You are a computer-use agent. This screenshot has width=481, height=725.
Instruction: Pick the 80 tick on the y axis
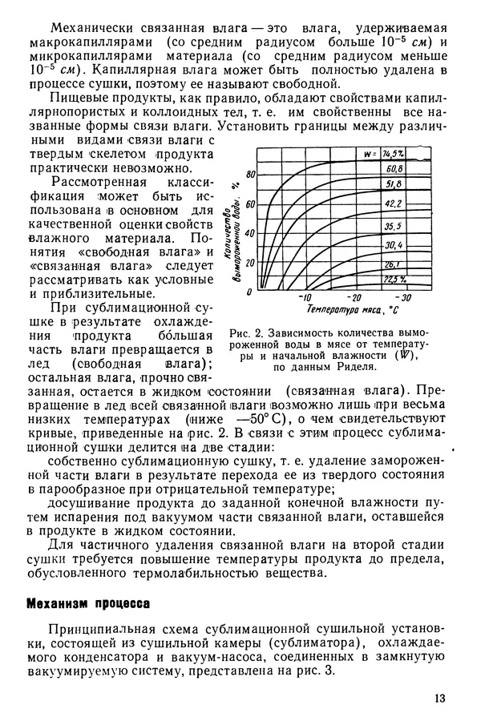(x=250, y=175)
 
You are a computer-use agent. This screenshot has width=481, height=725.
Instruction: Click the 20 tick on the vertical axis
(x=250, y=263)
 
